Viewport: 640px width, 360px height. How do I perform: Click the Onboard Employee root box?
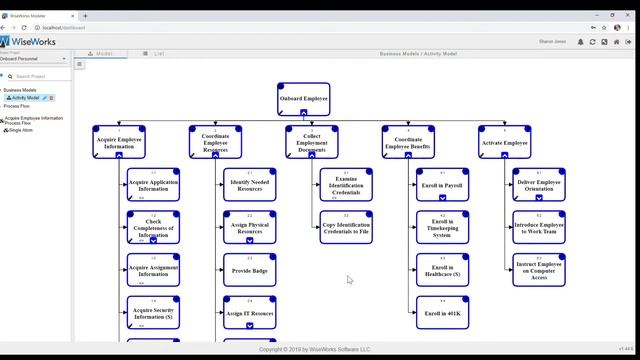[x=303, y=99]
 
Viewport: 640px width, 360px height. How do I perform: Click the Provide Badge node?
[x=249, y=270]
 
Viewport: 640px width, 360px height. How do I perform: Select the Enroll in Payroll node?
[x=442, y=185]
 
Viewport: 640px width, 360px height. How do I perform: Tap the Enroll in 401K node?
[x=442, y=312]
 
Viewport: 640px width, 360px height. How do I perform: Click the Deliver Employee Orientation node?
[x=539, y=185]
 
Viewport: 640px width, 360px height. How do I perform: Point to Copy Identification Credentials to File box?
[x=346, y=228]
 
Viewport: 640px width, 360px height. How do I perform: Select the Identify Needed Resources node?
[x=249, y=185]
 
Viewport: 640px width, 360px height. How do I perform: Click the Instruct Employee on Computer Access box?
[x=539, y=270]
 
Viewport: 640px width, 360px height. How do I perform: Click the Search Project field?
[x=40, y=76]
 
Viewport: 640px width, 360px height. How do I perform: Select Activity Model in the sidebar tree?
[x=26, y=98]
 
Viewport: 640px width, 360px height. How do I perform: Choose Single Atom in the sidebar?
[x=20, y=130]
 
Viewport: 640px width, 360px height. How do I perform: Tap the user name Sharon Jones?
[x=553, y=42]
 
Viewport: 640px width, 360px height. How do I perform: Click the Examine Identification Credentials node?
[x=346, y=185]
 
